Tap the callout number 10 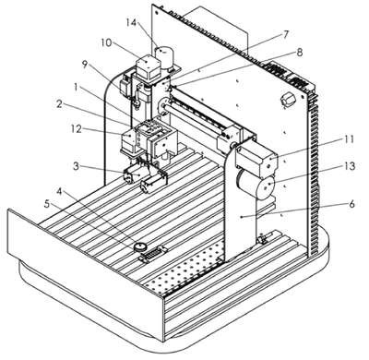106,42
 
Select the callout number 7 286,34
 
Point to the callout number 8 299,53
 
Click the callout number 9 85,65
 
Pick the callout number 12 76,129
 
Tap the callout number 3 76,166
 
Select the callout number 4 60,192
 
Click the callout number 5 47,204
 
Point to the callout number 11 348,139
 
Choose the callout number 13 349,166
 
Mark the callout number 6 351,204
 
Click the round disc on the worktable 140,246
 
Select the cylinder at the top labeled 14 164,57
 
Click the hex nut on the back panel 288,101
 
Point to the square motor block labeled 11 257,157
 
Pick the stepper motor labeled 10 148,67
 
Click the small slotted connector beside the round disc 153,254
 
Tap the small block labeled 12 129,140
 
